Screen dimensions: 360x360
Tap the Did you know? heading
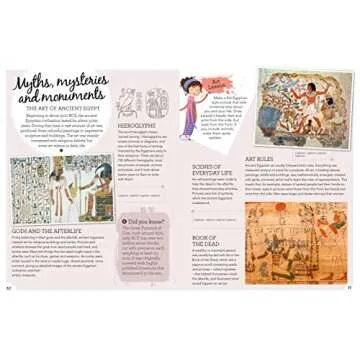[x=144, y=223]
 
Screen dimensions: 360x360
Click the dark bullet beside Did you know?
[x=124, y=223]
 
